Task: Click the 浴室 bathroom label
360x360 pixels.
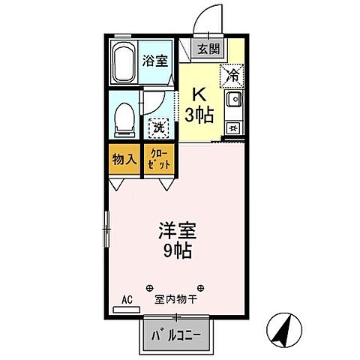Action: tap(156, 61)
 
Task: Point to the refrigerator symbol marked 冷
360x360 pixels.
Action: tap(232, 74)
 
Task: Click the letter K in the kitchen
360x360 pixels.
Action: tap(199, 95)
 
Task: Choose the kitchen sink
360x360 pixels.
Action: tap(233, 100)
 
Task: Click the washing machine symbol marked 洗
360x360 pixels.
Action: tap(158, 128)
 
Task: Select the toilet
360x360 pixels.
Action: tap(124, 118)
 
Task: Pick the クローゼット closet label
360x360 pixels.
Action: tap(158, 159)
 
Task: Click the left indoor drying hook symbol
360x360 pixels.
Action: tap(148, 287)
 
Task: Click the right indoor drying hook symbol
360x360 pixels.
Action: tap(202, 287)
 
